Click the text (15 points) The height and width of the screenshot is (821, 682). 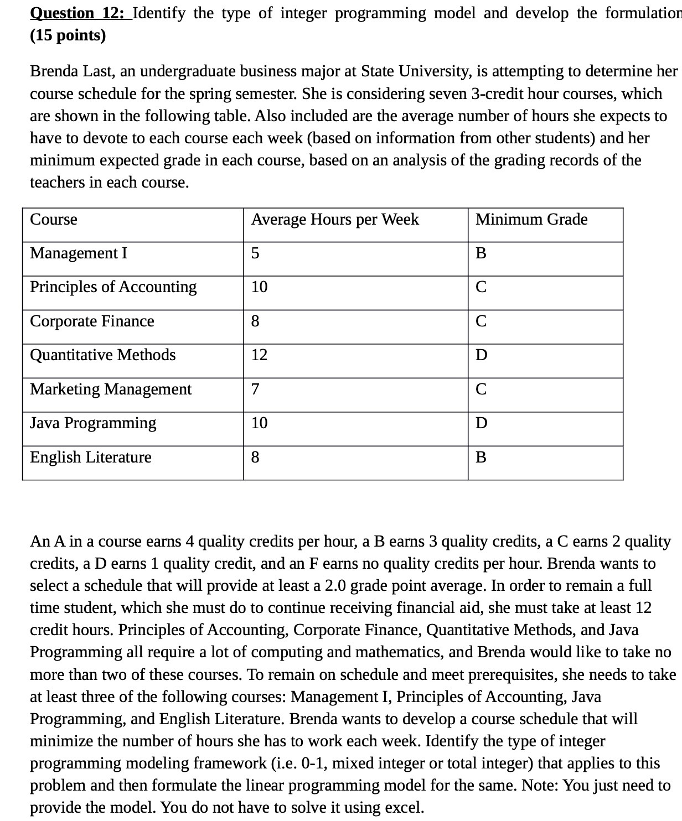click(x=68, y=35)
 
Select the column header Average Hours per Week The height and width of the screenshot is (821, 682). click(x=335, y=220)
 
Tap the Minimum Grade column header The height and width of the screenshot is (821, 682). click(x=531, y=220)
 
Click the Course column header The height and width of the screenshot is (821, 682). click(x=54, y=220)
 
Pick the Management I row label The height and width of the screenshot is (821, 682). click(x=79, y=253)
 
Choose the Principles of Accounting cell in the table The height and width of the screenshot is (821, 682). click(x=113, y=287)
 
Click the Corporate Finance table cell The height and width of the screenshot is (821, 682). click(x=92, y=321)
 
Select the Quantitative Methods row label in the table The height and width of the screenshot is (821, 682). click(x=103, y=355)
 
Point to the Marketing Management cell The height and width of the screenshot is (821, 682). click(x=111, y=389)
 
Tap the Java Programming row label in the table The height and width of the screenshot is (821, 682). click(x=93, y=423)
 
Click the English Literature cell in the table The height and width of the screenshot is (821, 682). click(x=90, y=458)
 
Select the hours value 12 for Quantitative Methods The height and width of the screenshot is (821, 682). click(x=259, y=355)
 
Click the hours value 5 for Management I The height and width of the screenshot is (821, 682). click(x=255, y=253)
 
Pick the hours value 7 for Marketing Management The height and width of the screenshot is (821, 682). click(x=255, y=389)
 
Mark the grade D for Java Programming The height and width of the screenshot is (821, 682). click(x=482, y=423)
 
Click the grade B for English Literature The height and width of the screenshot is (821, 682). click(x=481, y=458)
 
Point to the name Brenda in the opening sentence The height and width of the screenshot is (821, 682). click(x=54, y=71)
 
